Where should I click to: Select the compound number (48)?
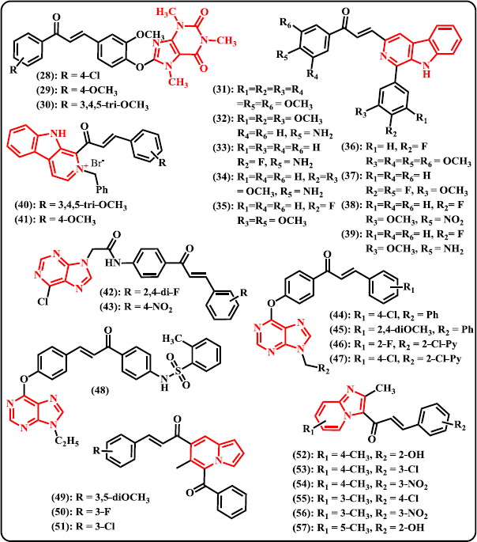[x=100, y=391]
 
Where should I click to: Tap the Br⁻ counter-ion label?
[x=98, y=163]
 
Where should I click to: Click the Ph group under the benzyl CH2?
[x=102, y=189]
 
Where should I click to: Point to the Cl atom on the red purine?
[x=43, y=301]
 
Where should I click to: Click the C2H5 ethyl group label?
[x=67, y=442]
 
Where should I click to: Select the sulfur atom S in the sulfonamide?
[x=178, y=371]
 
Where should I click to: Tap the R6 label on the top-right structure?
[x=286, y=23]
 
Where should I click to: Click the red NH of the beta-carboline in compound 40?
[x=58, y=134]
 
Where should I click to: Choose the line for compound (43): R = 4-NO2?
[x=136, y=307]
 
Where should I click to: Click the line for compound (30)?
[x=92, y=104]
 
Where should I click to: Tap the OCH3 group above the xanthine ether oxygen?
[x=150, y=35]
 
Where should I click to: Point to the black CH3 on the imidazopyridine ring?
[x=385, y=389]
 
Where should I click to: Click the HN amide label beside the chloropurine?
[x=113, y=263]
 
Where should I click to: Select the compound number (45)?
[x=340, y=329]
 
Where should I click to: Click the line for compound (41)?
[x=55, y=220]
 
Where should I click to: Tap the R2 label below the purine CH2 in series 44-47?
[x=324, y=369]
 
